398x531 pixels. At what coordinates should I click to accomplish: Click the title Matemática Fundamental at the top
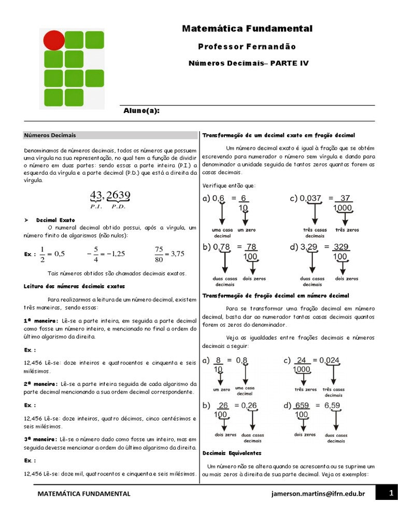tap(247, 29)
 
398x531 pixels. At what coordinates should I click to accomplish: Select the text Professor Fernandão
tap(247, 47)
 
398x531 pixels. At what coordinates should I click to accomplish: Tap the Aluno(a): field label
tap(141, 111)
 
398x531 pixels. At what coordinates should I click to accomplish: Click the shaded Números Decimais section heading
tap(50, 135)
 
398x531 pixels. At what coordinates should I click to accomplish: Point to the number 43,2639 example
tap(110, 196)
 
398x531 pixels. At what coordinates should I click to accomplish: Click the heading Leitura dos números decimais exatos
tap(74, 286)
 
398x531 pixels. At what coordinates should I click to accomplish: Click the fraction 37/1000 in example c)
tap(343, 203)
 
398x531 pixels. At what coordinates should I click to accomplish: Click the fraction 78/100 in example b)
tap(251, 252)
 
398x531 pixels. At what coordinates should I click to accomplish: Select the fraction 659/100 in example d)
tap(302, 410)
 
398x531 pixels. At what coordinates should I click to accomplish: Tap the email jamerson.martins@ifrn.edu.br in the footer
tap(318, 494)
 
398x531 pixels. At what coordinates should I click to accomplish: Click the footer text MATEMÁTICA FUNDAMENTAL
tap(83, 494)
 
